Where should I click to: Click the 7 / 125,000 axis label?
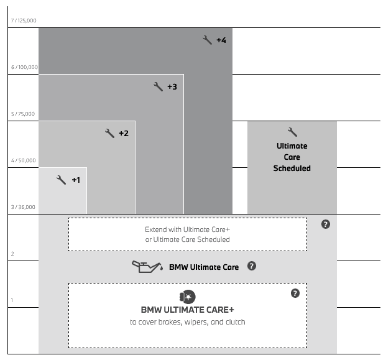coord(24,21)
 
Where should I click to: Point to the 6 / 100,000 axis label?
coord(24,67)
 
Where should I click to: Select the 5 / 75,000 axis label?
coord(23,114)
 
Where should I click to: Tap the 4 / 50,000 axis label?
coord(24,160)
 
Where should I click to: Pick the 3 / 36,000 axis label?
coord(23,207)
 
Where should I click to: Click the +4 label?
coord(221,40)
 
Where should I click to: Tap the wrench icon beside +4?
coord(207,40)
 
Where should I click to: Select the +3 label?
coord(172,87)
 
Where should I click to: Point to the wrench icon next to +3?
coord(158,86)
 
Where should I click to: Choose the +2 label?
coord(124,134)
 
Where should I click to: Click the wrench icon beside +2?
coord(109,133)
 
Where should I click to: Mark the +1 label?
coord(76,180)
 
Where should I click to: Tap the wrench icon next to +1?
coord(61,180)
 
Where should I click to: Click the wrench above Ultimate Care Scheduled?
coord(292,132)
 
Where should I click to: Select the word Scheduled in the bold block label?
coord(292,168)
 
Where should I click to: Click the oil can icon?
coord(147,267)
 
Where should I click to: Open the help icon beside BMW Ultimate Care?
coord(252,266)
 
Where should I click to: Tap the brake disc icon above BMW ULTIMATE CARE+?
coord(188,297)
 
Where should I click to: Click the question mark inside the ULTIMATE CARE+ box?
coord(295,293)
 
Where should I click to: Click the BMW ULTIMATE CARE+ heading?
coord(188,310)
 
